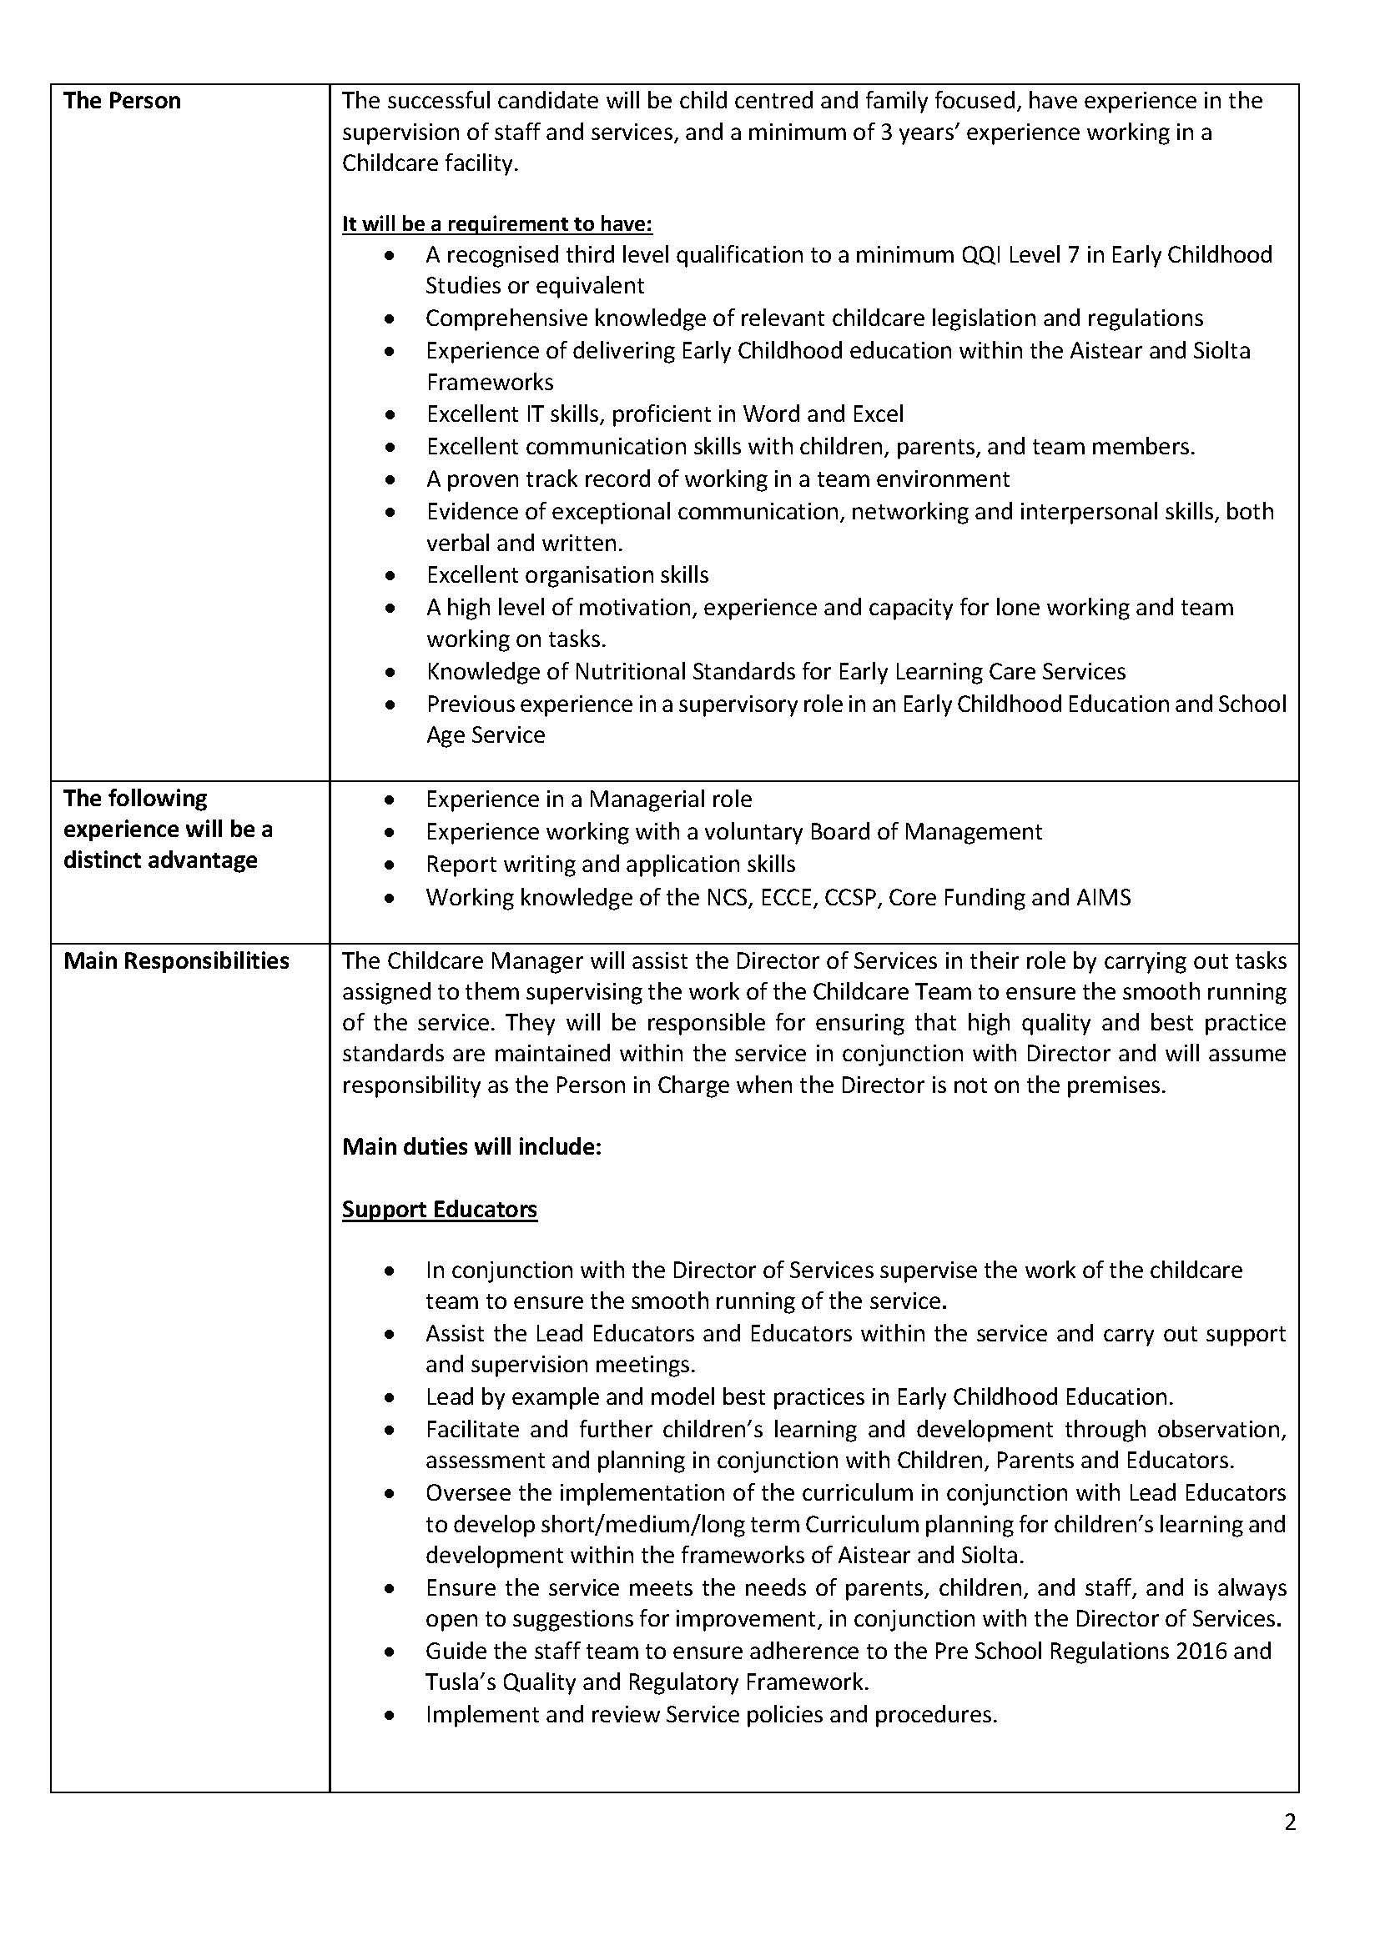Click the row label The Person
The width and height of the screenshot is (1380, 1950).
(122, 101)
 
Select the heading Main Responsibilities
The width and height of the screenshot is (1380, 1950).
(176, 960)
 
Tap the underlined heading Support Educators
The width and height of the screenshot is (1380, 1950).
(440, 1209)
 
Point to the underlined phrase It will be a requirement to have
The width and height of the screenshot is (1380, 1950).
(497, 223)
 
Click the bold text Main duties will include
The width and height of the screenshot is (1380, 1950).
(471, 1146)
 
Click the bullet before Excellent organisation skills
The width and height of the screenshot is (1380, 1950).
(389, 575)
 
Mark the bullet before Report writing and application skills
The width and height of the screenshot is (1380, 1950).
(389, 865)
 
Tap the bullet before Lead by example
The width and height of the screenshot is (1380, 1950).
(389, 1397)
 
